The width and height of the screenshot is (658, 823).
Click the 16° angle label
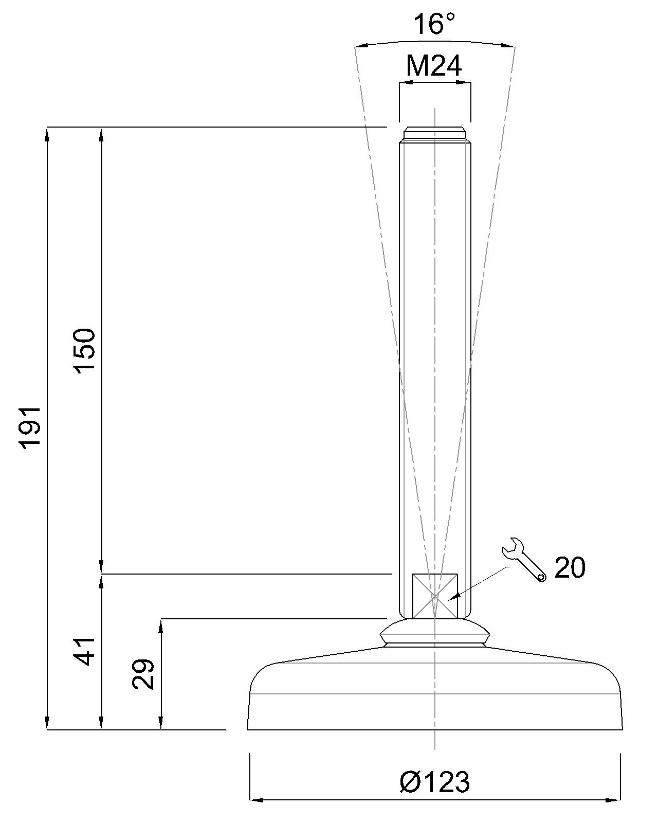(x=434, y=24)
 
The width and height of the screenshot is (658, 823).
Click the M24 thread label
(x=434, y=66)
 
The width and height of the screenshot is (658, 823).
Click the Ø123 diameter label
(x=435, y=782)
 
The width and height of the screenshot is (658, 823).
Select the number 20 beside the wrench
(x=570, y=568)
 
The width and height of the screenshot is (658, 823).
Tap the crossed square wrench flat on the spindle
(x=435, y=596)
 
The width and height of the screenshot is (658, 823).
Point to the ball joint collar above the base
(x=435, y=632)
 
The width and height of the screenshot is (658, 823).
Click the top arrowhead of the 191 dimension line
(x=47, y=133)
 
